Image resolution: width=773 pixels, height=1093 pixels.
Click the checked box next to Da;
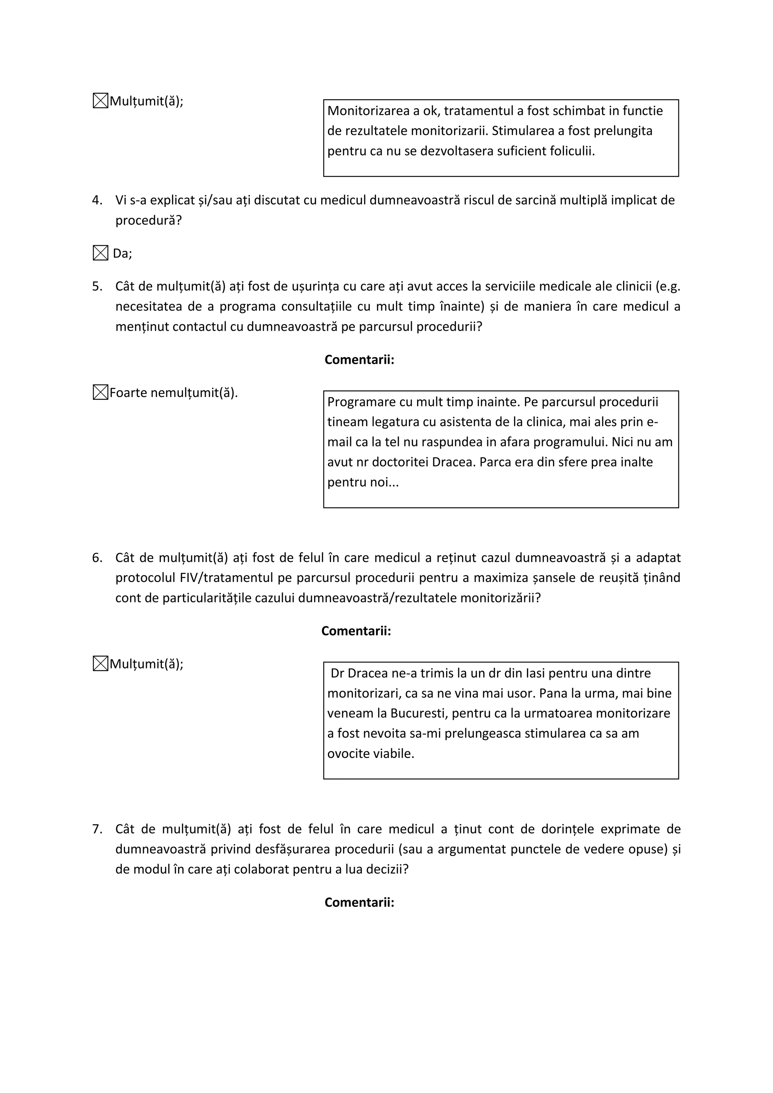point(100,253)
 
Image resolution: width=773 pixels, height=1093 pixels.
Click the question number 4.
point(97,200)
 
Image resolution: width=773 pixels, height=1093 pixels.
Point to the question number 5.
point(97,286)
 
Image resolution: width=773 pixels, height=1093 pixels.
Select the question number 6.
point(97,557)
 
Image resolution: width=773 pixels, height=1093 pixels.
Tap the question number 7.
point(97,829)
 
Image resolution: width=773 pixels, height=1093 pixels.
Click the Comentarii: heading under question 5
point(359,360)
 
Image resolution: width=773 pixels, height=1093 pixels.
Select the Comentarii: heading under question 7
point(359,902)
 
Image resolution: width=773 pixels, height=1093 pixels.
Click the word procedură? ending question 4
point(148,220)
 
